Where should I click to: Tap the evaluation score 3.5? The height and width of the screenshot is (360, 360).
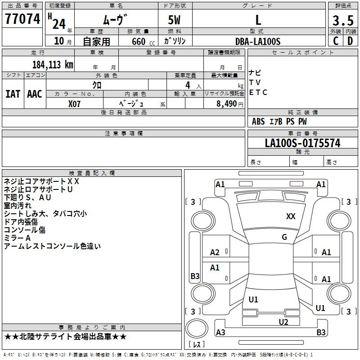click(x=342, y=20)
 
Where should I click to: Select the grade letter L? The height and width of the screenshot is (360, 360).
click(x=258, y=20)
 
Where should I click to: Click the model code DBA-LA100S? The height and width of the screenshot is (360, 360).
click(x=258, y=41)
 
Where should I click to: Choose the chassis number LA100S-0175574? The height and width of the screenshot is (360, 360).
click(x=302, y=143)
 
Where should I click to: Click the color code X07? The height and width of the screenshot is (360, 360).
click(x=75, y=103)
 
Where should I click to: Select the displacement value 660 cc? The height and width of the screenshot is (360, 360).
click(x=138, y=41)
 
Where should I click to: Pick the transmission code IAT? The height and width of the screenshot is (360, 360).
click(x=13, y=94)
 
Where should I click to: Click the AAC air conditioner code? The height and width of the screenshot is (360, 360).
click(x=35, y=94)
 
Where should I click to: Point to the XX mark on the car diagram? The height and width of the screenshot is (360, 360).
click(x=291, y=216)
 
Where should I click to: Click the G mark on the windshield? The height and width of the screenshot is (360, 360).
click(x=284, y=237)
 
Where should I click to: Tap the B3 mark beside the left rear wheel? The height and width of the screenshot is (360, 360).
click(x=195, y=276)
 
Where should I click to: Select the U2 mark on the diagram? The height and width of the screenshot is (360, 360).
click(x=283, y=322)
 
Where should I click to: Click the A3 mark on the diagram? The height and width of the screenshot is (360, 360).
click(x=220, y=333)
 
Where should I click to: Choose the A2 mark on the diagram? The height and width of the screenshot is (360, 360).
click(x=215, y=252)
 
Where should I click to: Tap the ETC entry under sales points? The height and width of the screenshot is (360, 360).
click(x=258, y=93)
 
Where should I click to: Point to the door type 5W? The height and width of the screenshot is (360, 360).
click(x=175, y=20)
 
